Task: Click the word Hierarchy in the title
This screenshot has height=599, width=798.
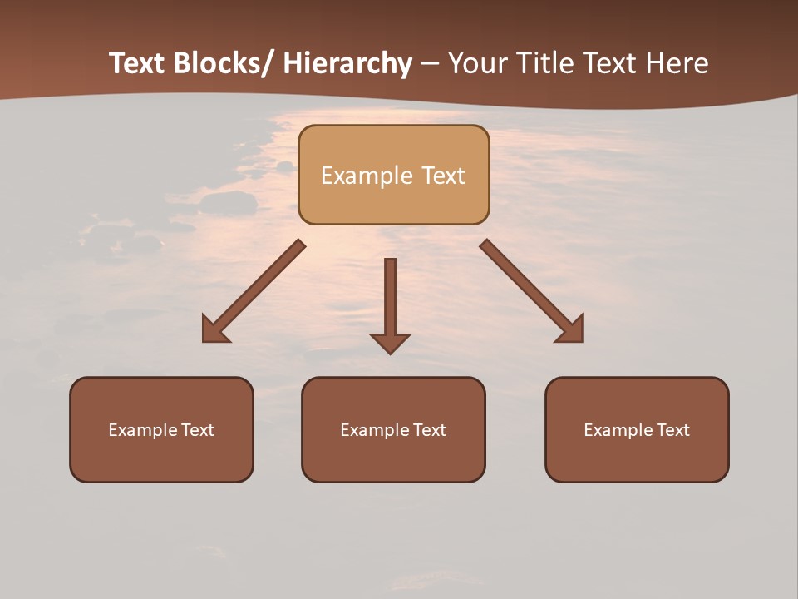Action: coord(347,63)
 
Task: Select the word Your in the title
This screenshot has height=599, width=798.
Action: coord(475,63)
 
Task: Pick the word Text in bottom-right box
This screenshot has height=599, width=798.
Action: coord(672,430)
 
